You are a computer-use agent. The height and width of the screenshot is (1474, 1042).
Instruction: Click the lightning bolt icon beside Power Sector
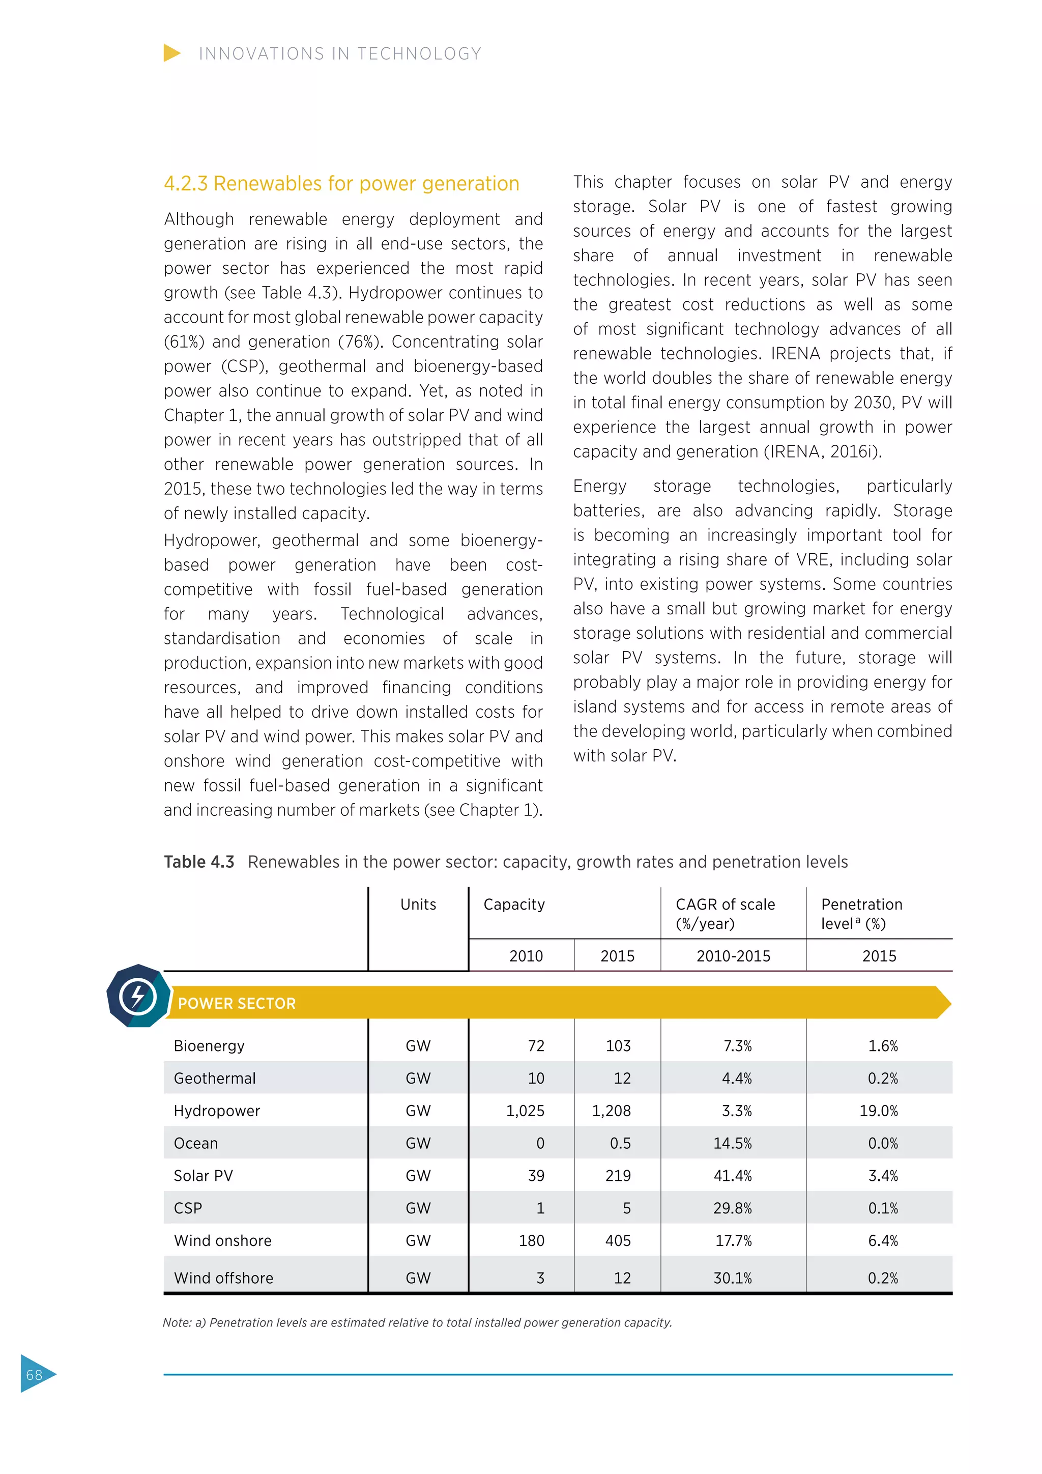(138, 997)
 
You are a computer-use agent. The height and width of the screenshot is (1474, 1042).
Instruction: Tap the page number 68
(34, 1374)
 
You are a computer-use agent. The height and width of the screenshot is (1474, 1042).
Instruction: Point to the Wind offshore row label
(223, 1278)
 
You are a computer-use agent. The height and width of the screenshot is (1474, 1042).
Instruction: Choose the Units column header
(418, 904)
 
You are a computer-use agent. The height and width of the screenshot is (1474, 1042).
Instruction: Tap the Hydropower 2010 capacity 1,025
(525, 1111)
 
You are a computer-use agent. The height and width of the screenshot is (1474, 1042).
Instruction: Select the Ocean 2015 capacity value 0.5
(620, 1143)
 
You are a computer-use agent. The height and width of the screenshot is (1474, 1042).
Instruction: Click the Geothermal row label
(214, 1078)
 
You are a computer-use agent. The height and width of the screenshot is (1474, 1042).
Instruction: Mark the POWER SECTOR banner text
(237, 1003)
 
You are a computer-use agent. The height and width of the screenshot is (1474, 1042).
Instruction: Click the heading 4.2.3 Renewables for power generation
(341, 184)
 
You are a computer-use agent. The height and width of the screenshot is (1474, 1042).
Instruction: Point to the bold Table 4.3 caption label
(199, 862)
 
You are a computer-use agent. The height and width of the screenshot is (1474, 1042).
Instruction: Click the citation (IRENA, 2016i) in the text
(823, 451)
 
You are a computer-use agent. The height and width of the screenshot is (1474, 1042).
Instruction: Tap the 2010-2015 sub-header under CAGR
(733, 956)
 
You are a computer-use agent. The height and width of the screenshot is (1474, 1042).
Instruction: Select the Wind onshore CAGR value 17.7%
(733, 1240)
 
